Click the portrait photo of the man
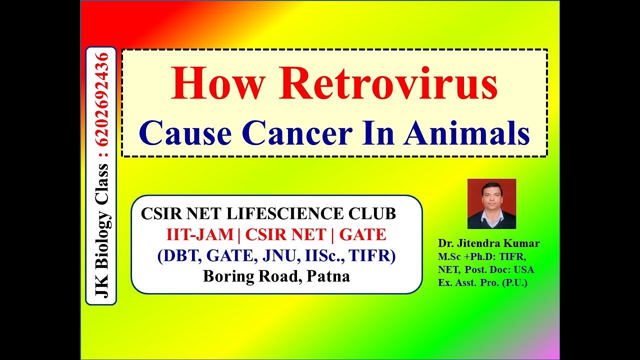(x=491, y=203)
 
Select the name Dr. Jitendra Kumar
(x=488, y=243)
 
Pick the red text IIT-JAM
(x=200, y=234)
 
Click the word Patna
(x=328, y=276)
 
